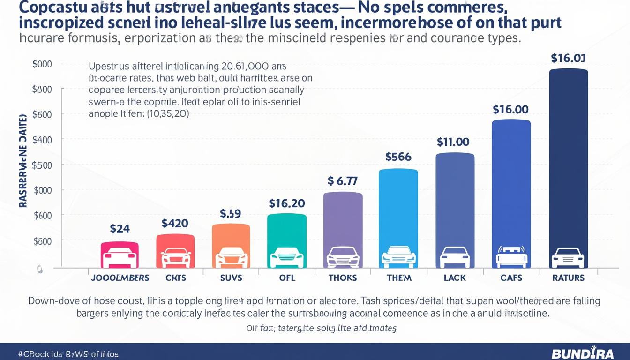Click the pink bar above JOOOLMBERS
pyautogui.click(x=120, y=255)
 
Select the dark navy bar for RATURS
pyautogui.click(x=568, y=169)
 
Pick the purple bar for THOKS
pyautogui.click(x=343, y=230)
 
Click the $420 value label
pyautogui.click(x=175, y=224)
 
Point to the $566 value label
pyautogui.click(x=398, y=157)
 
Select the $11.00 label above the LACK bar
pyautogui.click(x=453, y=142)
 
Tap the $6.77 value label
pyautogui.click(x=343, y=181)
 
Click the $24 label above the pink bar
pyautogui.click(x=120, y=229)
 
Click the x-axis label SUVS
pyautogui.click(x=231, y=277)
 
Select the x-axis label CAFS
pyautogui.click(x=511, y=277)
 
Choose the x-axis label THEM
pyautogui.click(x=399, y=277)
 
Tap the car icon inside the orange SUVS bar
pyautogui.click(x=231, y=257)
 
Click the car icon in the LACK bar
pyautogui.click(x=455, y=257)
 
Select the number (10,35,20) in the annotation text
pyautogui.click(x=167, y=114)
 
